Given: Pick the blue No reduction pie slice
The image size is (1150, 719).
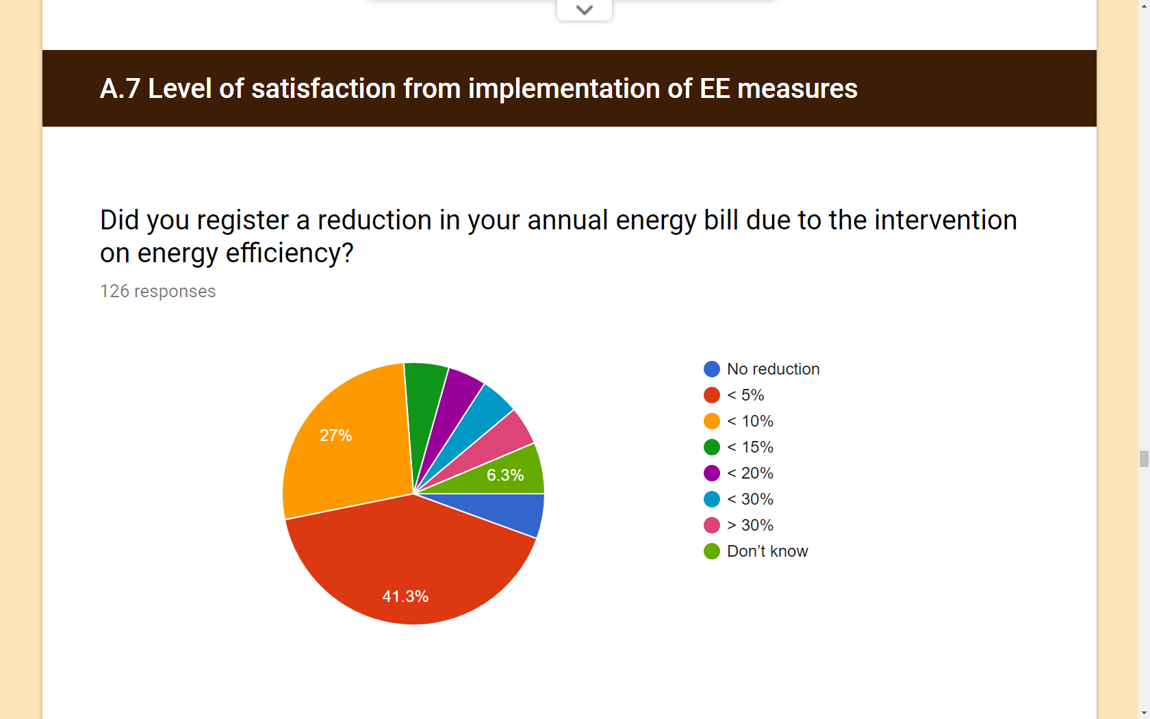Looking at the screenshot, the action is [513, 510].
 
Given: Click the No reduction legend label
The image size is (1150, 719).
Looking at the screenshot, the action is [774, 368].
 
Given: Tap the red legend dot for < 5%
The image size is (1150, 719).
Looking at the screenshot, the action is [712, 395].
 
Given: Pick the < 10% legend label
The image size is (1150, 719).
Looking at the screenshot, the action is [750, 421].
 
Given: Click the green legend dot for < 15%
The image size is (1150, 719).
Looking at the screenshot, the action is [712, 446].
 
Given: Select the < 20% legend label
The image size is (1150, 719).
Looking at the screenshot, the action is [750, 473].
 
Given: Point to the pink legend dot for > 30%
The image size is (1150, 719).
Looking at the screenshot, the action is [712, 525].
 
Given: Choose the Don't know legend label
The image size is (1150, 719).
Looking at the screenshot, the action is [767, 551].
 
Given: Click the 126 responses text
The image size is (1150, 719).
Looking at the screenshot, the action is [157, 291].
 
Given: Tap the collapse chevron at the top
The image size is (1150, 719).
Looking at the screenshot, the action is [585, 10].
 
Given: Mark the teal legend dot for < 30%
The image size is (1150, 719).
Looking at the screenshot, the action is [712, 499].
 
